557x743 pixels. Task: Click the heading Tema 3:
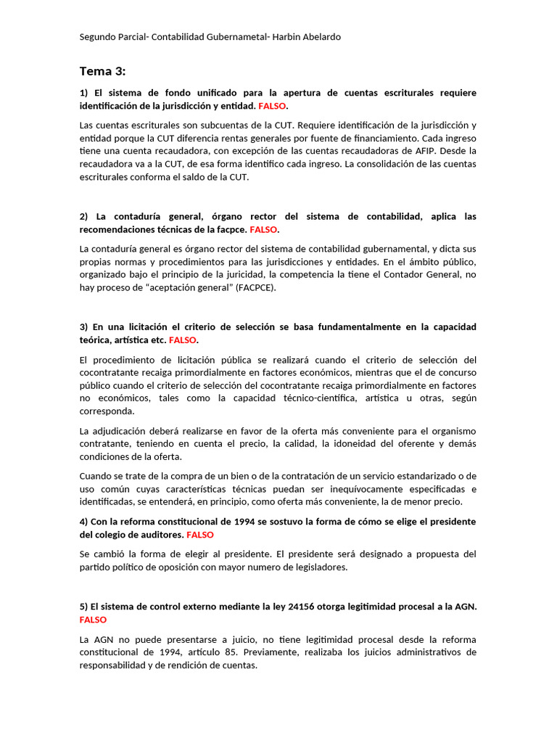click(102, 71)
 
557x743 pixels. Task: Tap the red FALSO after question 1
click(273, 106)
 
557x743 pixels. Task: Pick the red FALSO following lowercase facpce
click(264, 229)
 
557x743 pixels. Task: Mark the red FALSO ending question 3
click(183, 340)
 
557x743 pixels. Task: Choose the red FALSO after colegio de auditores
click(200, 535)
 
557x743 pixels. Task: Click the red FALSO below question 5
click(93, 620)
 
